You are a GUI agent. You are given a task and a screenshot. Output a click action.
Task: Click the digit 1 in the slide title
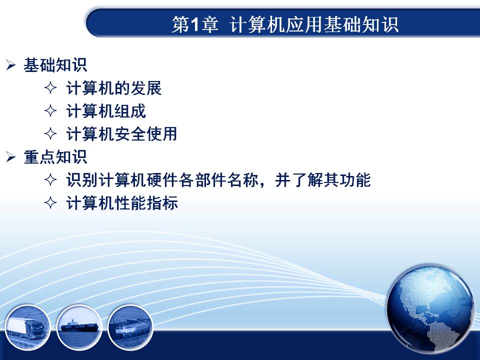[194, 24]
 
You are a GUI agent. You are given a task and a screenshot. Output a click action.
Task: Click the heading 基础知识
[55, 65]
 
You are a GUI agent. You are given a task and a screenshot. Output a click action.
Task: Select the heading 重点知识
[55, 157]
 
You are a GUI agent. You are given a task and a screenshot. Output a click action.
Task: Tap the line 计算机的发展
[113, 88]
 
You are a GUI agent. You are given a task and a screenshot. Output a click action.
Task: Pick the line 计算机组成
[106, 111]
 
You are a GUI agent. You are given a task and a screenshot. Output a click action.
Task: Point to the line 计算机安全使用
[121, 134]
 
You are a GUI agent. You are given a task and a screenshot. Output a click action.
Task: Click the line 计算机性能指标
[122, 202]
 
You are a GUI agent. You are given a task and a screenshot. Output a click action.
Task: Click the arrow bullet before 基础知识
[10, 65]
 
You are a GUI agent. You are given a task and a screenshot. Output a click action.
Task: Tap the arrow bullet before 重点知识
[10, 157]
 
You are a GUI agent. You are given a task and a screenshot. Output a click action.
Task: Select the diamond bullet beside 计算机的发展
[50, 88]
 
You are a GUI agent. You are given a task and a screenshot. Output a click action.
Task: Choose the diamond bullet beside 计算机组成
[50, 111]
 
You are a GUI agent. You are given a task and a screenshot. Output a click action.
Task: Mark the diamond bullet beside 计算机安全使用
[50, 134]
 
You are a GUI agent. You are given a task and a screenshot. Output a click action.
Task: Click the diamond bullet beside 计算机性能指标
[50, 202]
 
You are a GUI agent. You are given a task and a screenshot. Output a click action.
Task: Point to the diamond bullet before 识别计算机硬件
[50, 179]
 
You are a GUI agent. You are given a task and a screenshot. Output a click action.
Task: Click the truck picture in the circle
[27, 327]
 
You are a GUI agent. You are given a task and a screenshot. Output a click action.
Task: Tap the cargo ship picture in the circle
[79, 327]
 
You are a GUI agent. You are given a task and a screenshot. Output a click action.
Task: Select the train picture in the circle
[130, 327]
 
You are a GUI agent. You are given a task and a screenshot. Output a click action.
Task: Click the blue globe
[430, 309]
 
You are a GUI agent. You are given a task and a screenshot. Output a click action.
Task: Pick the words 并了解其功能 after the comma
[323, 179]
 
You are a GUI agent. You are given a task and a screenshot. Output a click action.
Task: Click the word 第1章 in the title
[195, 24]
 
